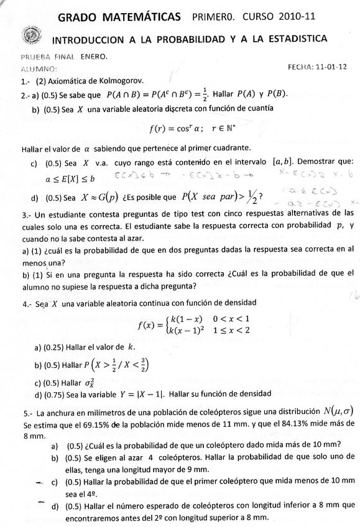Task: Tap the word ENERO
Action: coord(92,57)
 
